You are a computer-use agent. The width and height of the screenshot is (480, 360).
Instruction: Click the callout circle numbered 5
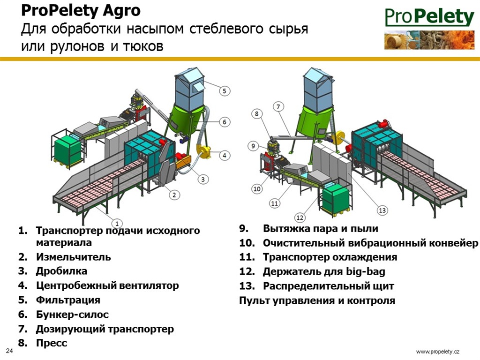pos(225,91)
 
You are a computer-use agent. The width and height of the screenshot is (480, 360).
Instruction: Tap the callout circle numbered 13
pos(382,210)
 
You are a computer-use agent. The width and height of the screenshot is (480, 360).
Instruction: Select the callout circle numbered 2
pos(174,195)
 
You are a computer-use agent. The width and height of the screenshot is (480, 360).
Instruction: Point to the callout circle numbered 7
pos(278,107)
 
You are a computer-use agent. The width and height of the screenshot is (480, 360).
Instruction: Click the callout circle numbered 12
pos(300,217)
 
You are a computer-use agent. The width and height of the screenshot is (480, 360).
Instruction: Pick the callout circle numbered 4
pos(225,155)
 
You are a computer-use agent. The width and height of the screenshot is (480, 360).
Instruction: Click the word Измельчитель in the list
pos(74,257)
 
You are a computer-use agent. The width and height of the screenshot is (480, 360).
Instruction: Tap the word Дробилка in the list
pos(61,271)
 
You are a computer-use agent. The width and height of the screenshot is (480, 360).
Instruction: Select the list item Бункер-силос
pos(72,315)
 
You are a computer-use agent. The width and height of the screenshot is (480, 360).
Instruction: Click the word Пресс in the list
pos(52,343)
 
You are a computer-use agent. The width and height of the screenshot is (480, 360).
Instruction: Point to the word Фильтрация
pos(68,300)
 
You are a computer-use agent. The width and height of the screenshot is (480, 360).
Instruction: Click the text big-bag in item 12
pos(366,271)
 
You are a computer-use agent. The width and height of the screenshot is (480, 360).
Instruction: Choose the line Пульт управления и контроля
pos(317,300)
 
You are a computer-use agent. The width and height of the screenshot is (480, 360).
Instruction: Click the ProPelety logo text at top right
pos(429,17)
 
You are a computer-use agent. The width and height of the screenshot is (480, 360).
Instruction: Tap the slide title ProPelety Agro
pos(81,11)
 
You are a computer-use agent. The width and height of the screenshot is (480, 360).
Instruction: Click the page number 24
pos(10,351)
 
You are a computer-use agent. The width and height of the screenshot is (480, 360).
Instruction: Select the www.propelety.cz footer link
pos(438,352)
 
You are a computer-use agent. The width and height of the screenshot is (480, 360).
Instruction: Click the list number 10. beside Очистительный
pos(247,243)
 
